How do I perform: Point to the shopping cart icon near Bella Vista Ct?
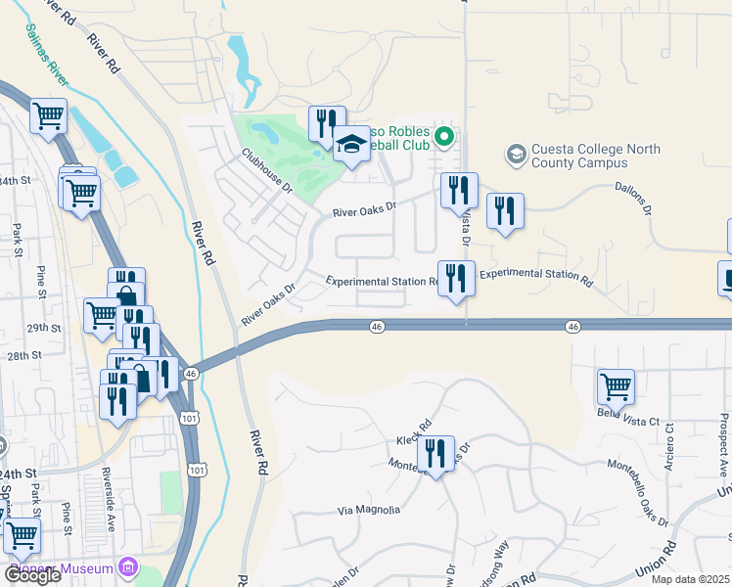(x=616, y=385)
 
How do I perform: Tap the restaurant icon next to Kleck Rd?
(x=435, y=453)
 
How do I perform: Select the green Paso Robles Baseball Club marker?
(x=443, y=136)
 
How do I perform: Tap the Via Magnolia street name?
(x=369, y=510)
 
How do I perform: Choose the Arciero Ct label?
(x=668, y=445)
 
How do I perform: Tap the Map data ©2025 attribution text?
(x=691, y=579)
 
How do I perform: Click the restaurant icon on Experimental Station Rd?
(x=456, y=278)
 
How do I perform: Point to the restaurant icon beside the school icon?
(x=327, y=123)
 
